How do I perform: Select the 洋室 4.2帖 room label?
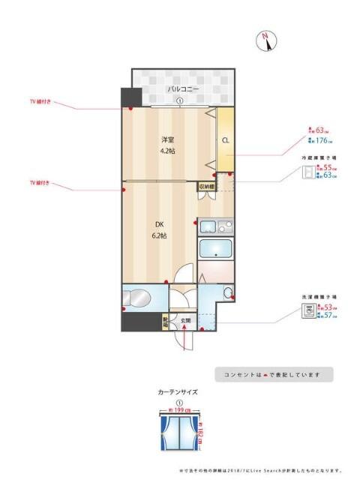tap(167, 145)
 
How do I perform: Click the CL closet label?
tap(225, 139)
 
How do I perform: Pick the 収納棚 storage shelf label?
tap(207, 186)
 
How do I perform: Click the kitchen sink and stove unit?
tap(216, 226)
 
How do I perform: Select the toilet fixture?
tap(139, 297)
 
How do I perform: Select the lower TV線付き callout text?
tap(40, 182)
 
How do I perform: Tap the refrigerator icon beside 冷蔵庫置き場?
tap(307, 172)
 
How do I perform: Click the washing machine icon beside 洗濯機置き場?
tap(307, 311)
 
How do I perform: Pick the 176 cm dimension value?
tap(321, 139)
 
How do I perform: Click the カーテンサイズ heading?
tap(178, 391)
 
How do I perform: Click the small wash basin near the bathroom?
tap(228, 292)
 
